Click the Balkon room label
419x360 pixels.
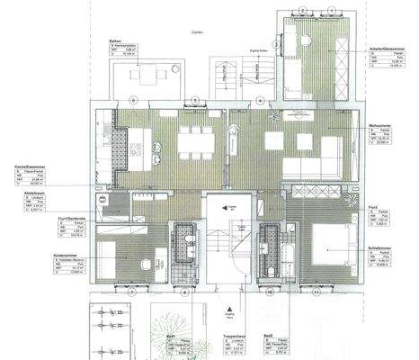[x=114, y=40]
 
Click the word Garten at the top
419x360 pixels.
[x=196, y=29]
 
